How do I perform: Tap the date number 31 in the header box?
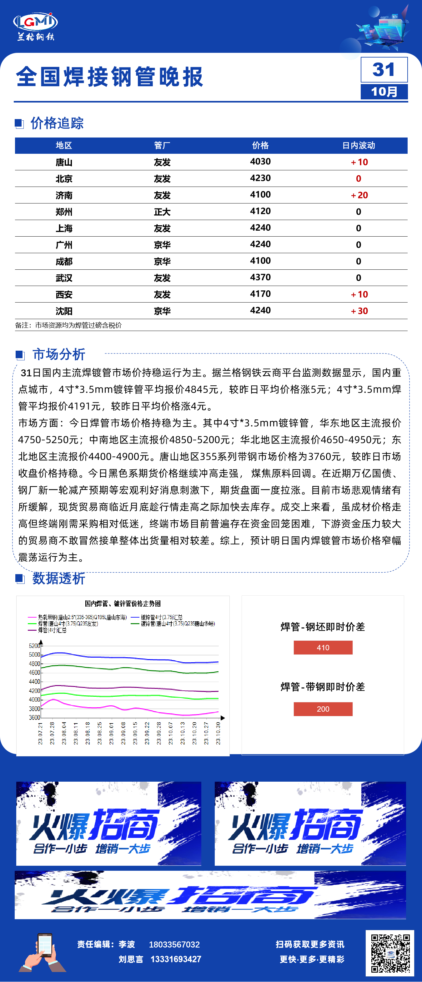click(384, 70)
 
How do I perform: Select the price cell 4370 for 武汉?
click(260, 277)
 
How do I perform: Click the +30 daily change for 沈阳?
click(359, 311)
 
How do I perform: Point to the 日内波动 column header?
click(358, 145)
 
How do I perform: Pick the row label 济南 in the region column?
click(64, 195)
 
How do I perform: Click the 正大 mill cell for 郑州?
click(162, 212)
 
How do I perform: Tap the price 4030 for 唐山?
click(260, 162)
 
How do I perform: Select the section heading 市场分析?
click(59, 354)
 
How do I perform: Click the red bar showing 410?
click(323, 647)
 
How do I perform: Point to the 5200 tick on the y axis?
click(34, 646)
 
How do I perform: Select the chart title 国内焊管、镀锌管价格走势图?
click(123, 604)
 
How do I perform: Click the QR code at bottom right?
click(390, 953)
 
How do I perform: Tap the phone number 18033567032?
click(174, 944)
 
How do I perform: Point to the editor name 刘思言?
click(131, 959)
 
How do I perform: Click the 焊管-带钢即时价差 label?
click(323, 687)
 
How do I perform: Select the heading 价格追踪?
click(57, 123)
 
